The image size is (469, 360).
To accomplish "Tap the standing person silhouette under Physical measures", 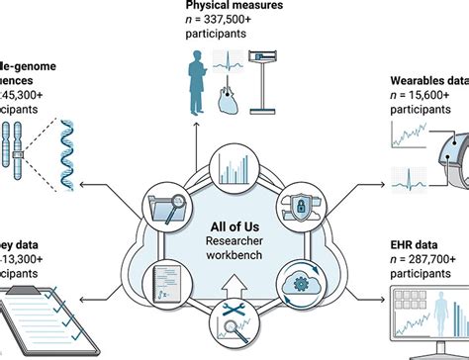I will (x=199, y=84).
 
